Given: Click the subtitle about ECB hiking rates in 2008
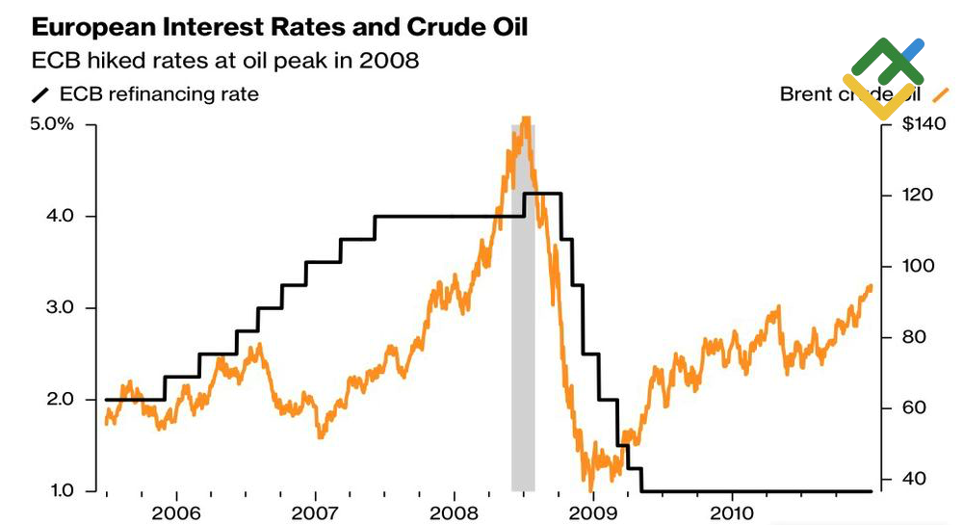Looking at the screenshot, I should tap(225, 61).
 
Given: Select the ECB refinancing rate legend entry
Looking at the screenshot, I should tap(158, 94).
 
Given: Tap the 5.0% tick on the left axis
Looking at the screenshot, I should tap(53, 125).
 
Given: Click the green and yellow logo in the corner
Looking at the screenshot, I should tap(883, 77).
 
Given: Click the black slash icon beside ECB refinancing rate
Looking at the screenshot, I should tap(40, 94).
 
